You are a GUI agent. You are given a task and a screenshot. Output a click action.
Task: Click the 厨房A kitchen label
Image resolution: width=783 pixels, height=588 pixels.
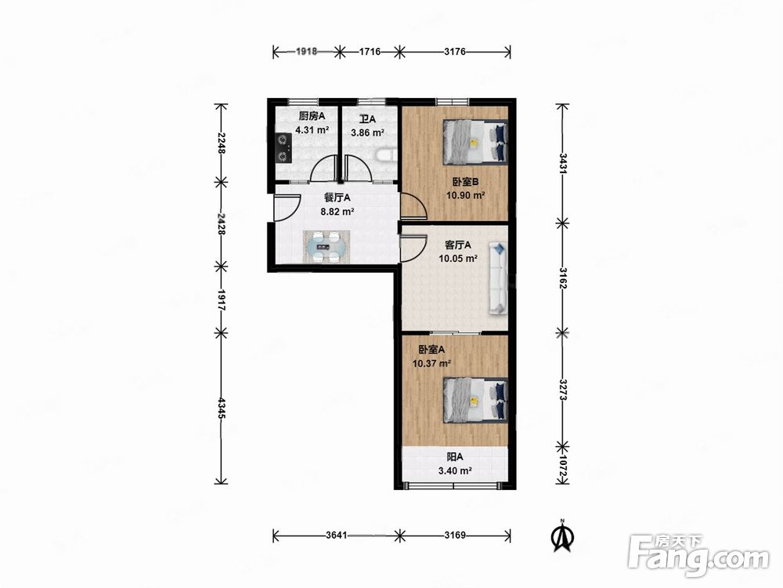(312, 117)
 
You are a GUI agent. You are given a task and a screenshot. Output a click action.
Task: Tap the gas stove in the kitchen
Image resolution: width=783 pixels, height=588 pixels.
(283, 148)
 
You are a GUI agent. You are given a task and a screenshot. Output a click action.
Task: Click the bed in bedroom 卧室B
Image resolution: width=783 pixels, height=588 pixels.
(475, 141)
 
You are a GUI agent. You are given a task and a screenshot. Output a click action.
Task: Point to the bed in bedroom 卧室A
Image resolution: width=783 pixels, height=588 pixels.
(475, 400)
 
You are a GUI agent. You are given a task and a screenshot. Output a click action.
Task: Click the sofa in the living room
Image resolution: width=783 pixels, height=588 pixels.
(498, 278)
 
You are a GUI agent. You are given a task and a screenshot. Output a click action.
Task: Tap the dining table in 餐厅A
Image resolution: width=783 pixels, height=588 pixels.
(327, 246)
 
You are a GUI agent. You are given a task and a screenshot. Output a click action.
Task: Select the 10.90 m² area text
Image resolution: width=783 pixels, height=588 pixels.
(465, 195)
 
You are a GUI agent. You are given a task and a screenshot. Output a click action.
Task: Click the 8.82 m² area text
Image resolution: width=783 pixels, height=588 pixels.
(337, 212)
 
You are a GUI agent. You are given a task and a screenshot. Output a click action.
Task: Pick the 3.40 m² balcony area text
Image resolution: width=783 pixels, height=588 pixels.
(455, 470)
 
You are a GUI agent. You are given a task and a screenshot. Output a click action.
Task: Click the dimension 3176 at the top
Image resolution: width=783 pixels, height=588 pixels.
(454, 52)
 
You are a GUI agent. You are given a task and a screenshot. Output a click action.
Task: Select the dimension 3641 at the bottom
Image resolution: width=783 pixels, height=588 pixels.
(336, 535)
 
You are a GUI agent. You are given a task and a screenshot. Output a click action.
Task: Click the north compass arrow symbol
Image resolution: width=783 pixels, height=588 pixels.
(561, 535)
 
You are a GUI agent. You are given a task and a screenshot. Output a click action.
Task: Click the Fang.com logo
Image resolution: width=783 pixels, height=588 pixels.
(698, 556)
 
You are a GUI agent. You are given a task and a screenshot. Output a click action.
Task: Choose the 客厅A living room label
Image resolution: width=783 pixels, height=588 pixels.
(458, 245)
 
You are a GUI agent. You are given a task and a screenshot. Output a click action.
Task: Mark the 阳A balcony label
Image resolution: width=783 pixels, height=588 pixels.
(455, 457)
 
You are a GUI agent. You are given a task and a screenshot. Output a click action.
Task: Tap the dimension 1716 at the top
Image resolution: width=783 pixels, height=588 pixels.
(370, 52)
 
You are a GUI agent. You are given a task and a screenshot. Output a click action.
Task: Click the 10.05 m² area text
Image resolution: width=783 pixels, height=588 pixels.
(458, 259)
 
